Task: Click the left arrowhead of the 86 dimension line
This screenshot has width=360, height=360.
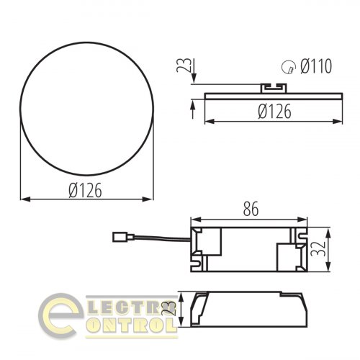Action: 193,218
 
